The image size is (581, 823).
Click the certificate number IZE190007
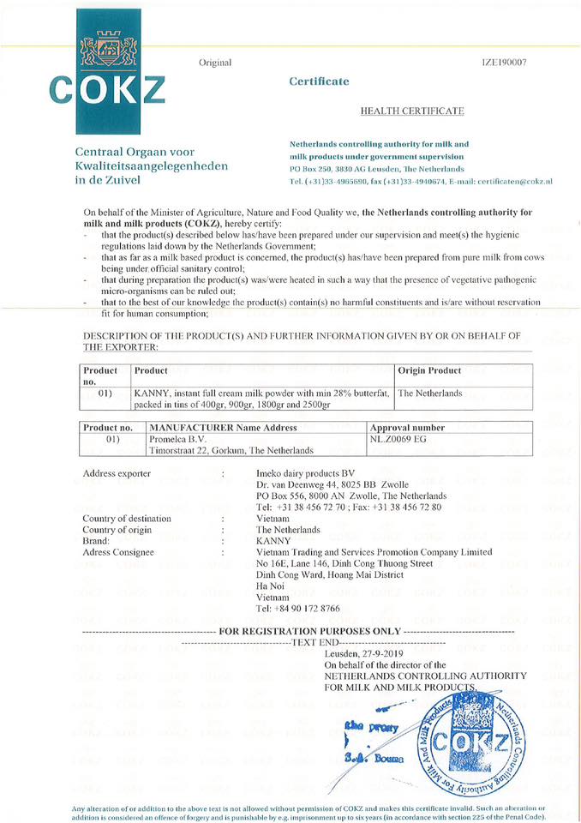pyautogui.click(x=506, y=63)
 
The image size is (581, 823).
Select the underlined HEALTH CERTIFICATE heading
pyautogui.click(x=412, y=111)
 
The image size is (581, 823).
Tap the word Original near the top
pyautogui.click(x=215, y=63)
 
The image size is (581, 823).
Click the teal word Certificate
pyautogui.click(x=319, y=81)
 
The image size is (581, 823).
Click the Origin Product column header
pyautogui.click(x=429, y=370)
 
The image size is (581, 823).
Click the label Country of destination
pyautogui.click(x=127, y=519)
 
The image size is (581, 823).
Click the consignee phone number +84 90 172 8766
pyautogui.click(x=298, y=608)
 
